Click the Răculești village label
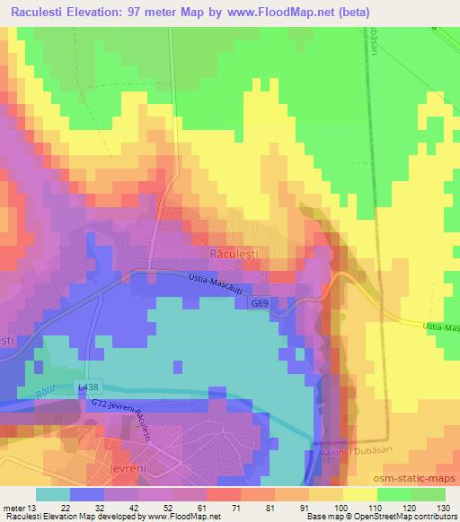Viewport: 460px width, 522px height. coord(234,255)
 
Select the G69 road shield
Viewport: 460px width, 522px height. coord(260,304)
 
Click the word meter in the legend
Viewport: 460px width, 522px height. coord(14,507)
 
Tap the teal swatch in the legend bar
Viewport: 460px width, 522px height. coord(53,494)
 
